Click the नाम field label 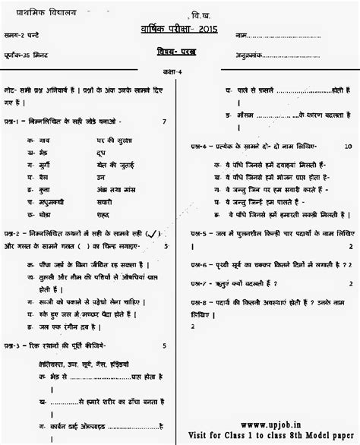pyautogui.click(x=242, y=35)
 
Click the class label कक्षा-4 pyautogui.click(x=179, y=71)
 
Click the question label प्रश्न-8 pyautogui.click(x=199, y=302)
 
